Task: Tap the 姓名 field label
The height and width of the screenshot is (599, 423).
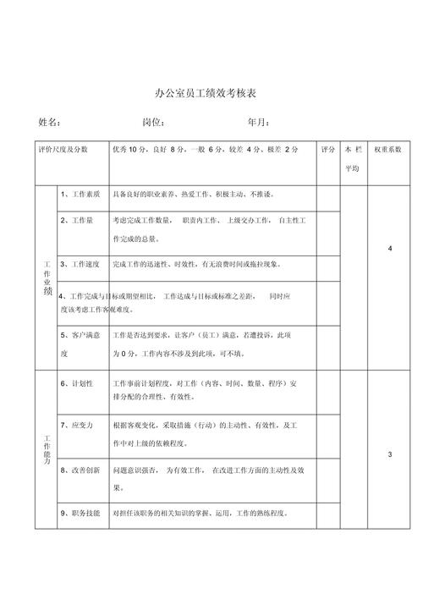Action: [50, 123]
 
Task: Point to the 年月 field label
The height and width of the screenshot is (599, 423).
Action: [259, 123]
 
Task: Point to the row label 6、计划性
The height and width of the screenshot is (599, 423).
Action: [77, 383]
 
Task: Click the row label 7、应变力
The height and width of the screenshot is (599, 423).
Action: [77, 424]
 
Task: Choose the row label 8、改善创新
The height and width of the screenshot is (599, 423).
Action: [80, 470]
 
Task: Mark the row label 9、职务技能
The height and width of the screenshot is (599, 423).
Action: [80, 512]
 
